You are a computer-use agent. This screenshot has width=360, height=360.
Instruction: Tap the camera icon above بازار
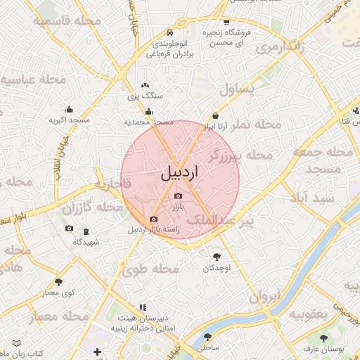click(x=178, y=195)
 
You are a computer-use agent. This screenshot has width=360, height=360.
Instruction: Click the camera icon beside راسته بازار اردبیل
click(x=154, y=219)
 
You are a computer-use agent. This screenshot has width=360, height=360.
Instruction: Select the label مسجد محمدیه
click(x=149, y=122)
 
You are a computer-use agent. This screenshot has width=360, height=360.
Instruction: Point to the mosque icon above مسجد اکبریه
click(x=69, y=109)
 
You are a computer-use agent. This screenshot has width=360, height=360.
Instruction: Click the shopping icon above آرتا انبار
click(x=214, y=116)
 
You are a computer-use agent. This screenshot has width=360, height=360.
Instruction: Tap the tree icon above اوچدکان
click(x=217, y=257)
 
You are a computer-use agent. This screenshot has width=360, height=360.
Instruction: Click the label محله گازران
click(x=92, y=208)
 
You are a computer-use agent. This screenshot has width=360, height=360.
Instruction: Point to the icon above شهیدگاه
click(x=86, y=231)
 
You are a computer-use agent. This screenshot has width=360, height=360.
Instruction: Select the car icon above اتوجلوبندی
click(x=170, y=33)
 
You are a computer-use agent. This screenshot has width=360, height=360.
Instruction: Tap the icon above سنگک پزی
click(x=145, y=84)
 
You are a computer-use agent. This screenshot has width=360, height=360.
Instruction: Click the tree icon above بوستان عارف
click(x=324, y=337)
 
